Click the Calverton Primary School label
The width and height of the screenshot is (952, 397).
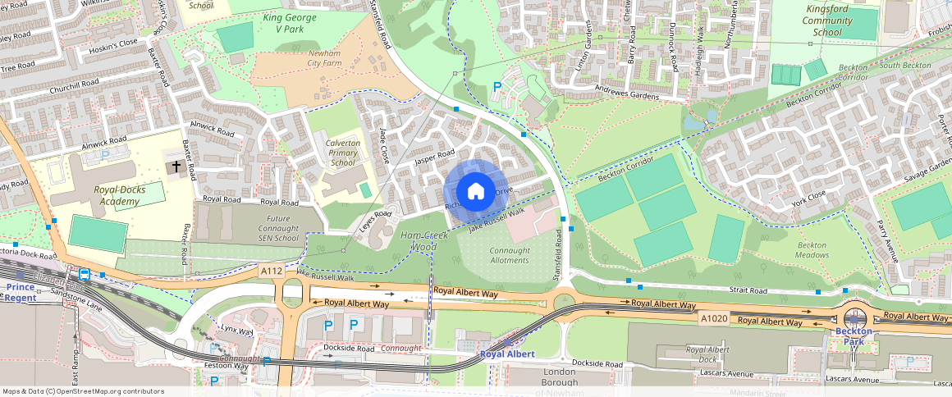point(342,153)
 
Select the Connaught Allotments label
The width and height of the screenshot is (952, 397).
point(509,255)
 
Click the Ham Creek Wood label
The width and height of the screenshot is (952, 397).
point(419,241)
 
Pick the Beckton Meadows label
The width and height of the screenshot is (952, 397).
point(812,250)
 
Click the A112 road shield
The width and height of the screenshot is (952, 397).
point(272,270)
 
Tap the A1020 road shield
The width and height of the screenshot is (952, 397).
point(712,317)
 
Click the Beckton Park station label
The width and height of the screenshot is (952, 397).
point(853,335)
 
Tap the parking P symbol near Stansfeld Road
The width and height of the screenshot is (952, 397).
point(496,87)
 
